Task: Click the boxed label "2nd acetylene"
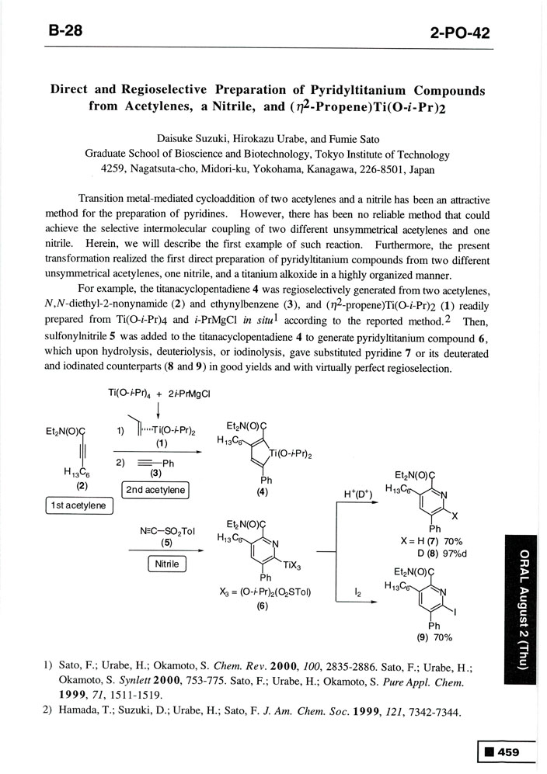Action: pos(156,489)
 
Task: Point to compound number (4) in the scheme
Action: pos(260,491)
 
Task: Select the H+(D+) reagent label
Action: pos(357,494)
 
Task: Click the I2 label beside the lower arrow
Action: pos(357,591)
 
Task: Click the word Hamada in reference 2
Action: pos(79,713)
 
